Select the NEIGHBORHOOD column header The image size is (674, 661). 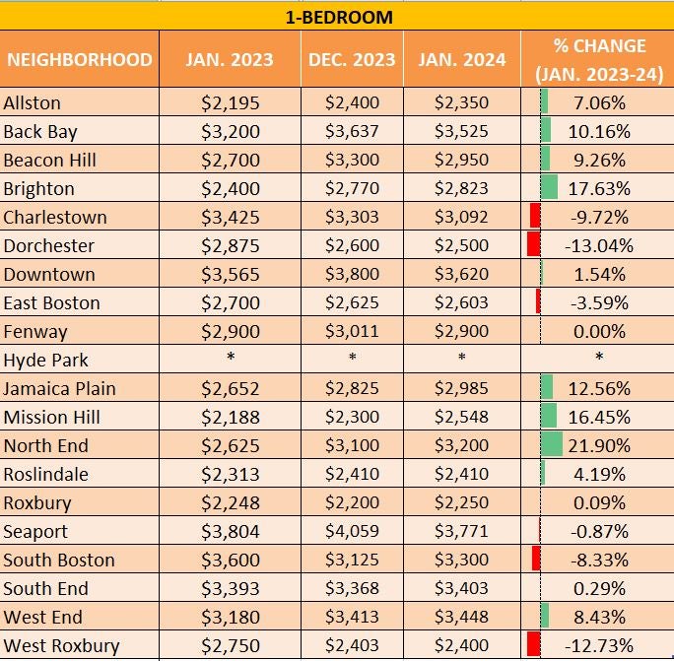79,59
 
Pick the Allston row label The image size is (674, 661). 33,103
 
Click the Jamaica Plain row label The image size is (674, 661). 53,388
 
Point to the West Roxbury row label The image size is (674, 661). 61,646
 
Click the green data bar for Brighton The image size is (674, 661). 549,188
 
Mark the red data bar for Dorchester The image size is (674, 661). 534,245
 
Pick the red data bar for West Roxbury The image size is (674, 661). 534,646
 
